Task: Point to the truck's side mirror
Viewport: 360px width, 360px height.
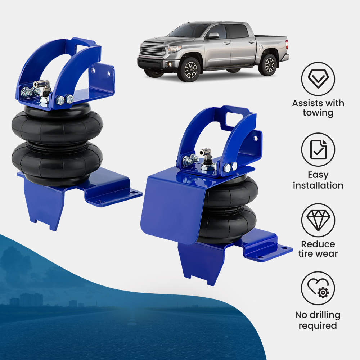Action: pos(213,36)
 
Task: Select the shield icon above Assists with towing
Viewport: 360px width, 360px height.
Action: pos(318,79)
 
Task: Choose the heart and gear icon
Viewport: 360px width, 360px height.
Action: pos(318,288)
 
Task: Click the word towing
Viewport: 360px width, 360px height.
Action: pos(318,113)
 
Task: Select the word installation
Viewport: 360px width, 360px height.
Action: pos(318,186)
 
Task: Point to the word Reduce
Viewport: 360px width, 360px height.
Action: pos(318,244)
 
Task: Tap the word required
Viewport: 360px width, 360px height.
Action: pos(318,325)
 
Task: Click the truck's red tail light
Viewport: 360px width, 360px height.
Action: pos(287,44)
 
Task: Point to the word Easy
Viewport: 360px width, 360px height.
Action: pos(318,175)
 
